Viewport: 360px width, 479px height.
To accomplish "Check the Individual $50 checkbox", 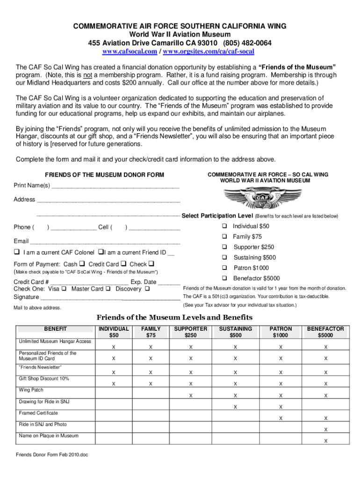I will (224, 226).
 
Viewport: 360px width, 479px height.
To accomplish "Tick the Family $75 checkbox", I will (224, 237).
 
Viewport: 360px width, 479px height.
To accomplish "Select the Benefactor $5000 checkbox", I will (224, 278).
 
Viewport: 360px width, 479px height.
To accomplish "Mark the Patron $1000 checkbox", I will (224, 268).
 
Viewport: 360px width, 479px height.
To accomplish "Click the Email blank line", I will (105, 242).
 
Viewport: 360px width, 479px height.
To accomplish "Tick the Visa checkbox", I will (64, 289).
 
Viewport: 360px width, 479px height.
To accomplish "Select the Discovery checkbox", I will (147, 289).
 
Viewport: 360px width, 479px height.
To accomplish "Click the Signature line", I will (110, 297).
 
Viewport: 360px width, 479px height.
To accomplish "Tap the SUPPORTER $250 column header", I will (190, 332).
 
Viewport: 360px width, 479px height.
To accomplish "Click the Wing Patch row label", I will (31, 390).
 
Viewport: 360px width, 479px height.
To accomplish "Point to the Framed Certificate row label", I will (38, 413).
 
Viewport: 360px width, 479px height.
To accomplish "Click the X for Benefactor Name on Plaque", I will (326, 441).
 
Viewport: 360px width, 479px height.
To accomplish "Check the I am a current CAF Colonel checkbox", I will (17, 253).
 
